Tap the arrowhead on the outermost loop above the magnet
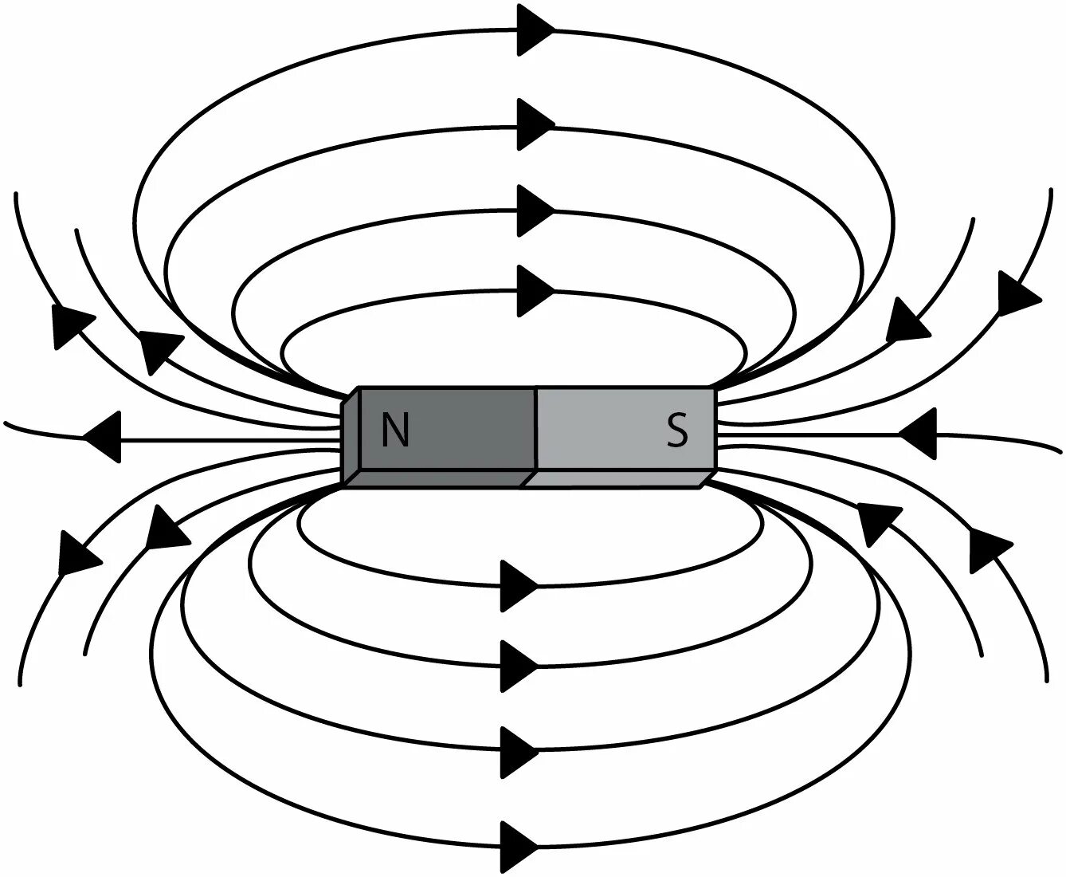(535, 30)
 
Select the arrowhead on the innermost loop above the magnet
(535, 291)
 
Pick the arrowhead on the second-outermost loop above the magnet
(535, 124)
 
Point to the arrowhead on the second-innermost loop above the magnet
(535, 210)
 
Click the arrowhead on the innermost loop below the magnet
(519, 586)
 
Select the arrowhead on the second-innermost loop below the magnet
(519, 665)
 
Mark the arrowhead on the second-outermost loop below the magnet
(519, 751)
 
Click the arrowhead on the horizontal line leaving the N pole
(104, 437)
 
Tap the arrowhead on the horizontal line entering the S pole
(917, 435)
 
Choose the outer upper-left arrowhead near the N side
(69, 325)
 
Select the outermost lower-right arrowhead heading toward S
(987, 549)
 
